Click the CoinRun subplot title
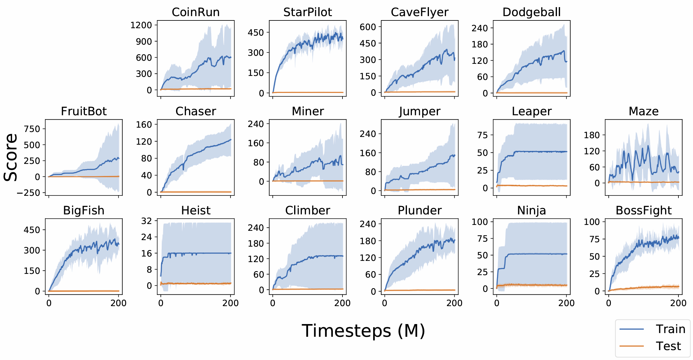pyautogui.click(x=196, y=12)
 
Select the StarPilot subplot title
pyautogui.click(x=307, y=12)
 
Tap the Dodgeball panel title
pyautogui.click(x=532, y=12)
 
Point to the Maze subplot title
pyautogui.click(x=643, y=111)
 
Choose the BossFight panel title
pyautogui.click(x=643, y=210)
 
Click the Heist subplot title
pyautogui.click(x=196, y=210)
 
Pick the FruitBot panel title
pyautogui.click(x=84, y=111)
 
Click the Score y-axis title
pyautogui.click(x=11, y=157)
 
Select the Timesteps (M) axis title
pyautogui.click(x=363, y=331)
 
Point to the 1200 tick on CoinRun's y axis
pyautogui.click(x=141, y=25)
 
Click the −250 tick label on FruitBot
pyautogui.click(x=29, y=193)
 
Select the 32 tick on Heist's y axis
pyautogui.click(x=147, y=221)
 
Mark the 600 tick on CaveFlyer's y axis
pyautogui.click(x=368, y=27)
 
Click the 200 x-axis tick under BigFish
pyautogui.click(x=118, y=303)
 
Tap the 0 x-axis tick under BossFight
pyautogui.click(x=609, y=303)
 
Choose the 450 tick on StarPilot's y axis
pyautogui.click(x=256, y=33)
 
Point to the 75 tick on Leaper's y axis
pyautogui.click(x=483, y=135)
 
